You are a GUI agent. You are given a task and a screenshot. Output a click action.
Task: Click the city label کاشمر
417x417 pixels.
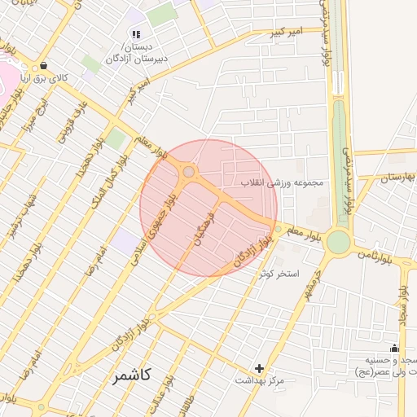132,379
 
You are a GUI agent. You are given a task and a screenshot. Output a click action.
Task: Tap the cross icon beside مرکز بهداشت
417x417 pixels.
260,368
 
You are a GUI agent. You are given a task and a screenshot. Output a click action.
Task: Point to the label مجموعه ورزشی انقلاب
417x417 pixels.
282,182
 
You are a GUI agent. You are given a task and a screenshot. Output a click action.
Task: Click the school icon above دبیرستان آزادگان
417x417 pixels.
135,34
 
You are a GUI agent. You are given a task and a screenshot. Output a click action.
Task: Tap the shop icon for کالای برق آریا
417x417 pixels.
42,66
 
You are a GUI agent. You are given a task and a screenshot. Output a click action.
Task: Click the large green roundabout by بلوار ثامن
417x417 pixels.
337,241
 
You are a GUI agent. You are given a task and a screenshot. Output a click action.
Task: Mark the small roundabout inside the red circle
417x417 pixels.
189,171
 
